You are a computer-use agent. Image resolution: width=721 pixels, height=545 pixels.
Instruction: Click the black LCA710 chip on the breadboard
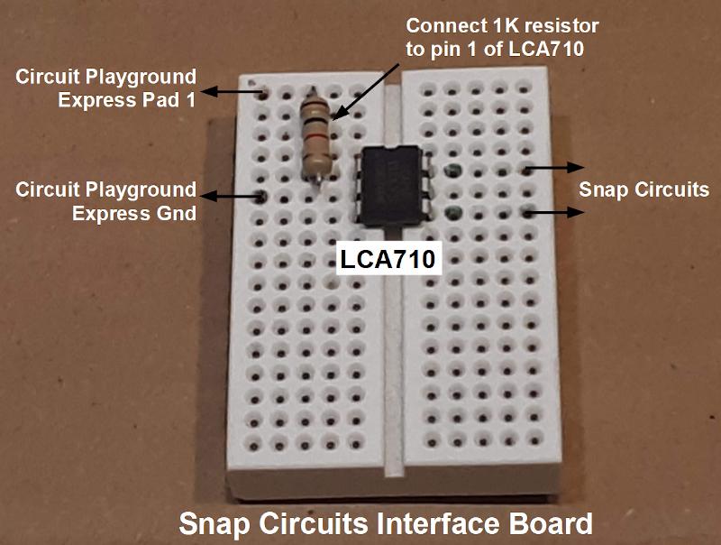(x=391, y=186)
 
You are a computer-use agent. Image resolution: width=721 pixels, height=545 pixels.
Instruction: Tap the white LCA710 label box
(x=388, y=259)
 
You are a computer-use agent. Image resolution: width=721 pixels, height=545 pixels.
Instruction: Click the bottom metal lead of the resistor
(x=318, y=180)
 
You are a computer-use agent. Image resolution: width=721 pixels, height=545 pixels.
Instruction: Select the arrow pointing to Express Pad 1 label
(x=233, y=92)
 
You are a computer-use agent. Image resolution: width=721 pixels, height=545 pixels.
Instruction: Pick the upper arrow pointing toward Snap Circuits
(x=555, y=168)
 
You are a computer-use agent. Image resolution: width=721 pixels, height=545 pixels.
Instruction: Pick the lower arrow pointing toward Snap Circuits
(x=555, y=212)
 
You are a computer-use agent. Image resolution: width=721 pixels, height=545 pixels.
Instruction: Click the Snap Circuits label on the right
(x=643, y=189)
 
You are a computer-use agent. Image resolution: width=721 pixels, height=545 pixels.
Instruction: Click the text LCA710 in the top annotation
(x=546, y=49)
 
